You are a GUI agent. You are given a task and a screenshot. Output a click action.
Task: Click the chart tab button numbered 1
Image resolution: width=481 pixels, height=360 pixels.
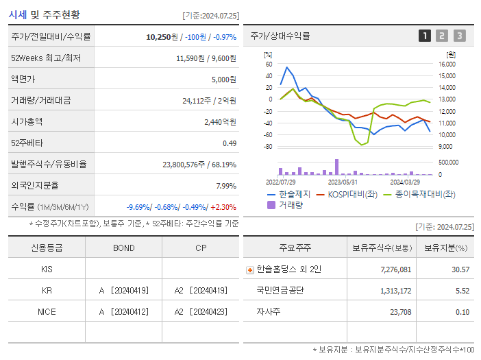tap(425, 36)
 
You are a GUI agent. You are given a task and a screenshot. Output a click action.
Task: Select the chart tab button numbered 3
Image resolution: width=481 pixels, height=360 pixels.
tap(459, 36)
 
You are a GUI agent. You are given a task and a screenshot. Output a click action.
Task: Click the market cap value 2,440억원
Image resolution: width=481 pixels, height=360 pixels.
tap(220, 121)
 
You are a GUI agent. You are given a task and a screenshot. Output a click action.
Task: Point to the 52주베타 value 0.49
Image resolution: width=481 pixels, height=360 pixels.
tap(229, 143)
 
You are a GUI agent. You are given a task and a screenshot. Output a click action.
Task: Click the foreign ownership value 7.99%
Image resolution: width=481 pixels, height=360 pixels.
tap(225, 185)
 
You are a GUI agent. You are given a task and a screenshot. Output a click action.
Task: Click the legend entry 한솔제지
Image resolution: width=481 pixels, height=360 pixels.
tap(293, 194)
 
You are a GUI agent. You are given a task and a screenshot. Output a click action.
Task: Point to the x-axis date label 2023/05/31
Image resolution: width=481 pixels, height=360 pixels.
tap(343, 182)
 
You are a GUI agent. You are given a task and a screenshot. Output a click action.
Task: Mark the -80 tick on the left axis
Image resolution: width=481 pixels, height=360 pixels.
tap(268, 146)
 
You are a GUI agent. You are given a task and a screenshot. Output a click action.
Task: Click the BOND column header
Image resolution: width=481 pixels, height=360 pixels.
tap(123, 247)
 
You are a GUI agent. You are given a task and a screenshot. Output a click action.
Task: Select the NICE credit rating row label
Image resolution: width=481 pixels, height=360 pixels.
tap(47, 311)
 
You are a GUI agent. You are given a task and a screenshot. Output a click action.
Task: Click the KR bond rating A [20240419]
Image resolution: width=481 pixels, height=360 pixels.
tap(123, 290)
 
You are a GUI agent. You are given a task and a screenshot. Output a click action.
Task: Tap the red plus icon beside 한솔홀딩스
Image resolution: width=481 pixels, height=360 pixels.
tap(249, 269)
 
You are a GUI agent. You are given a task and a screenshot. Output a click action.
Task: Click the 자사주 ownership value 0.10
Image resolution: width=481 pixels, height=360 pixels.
tap(462, 312)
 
